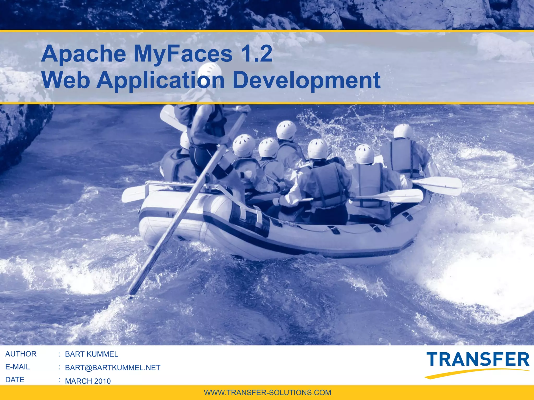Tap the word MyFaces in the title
point(183,54)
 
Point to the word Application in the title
point(160,80)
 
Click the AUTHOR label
point(21,354)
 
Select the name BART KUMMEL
point(91,354)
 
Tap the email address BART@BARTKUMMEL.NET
point(112,367)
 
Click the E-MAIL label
point(17,367)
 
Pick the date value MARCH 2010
point(88,381)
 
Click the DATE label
point(15,380)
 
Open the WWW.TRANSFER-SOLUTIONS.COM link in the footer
point(267,392)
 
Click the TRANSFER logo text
point(478,360)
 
